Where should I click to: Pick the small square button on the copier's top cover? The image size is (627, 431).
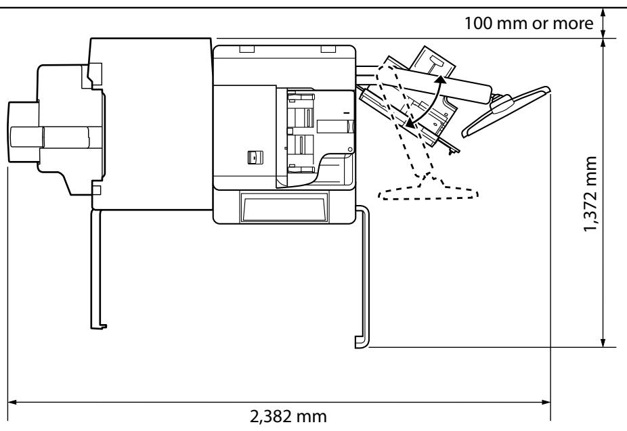pos(253,157)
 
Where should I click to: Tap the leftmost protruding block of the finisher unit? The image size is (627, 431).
pos(23,132)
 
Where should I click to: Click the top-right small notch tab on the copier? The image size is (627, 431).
pos(328,49)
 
